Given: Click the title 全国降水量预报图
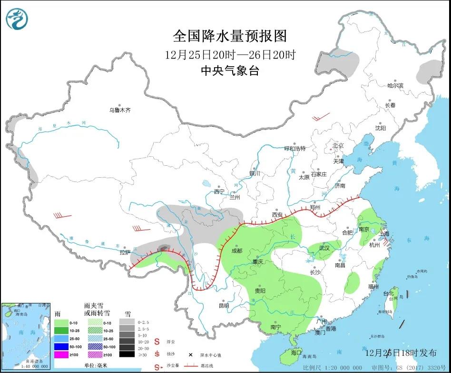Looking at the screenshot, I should [230, 36].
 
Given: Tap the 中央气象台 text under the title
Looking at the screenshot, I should [230, 71].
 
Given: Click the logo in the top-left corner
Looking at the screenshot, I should [17, 19].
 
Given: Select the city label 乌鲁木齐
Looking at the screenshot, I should [119, 110].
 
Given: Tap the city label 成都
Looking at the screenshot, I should [236, 251].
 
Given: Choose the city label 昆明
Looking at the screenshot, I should [224, 305].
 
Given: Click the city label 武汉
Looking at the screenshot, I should [324, 248].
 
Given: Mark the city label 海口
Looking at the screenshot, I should [296, 353].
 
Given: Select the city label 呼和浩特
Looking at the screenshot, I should [294, 148].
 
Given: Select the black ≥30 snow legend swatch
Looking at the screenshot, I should [126, 354].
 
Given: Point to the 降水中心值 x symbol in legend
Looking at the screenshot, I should [190, 355].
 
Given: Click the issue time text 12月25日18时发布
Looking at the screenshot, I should [401, 353].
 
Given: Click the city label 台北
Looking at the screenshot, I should [389, 293].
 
